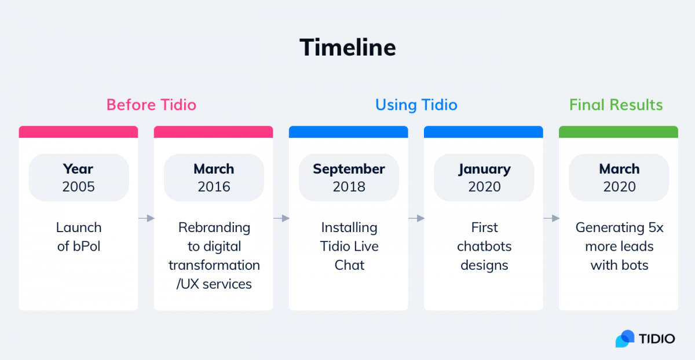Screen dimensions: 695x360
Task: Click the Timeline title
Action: pyautogui.click(x=348, y=47)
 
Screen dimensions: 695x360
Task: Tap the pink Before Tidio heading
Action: pyautogui.click(x=151, y=105)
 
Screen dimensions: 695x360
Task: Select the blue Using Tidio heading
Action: pyautogui.click(x=416, y=105)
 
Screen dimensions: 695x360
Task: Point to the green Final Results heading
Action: pyautogui.click(x=616, y=105)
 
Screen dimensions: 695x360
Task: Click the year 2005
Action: pyautogui.click(x=78, y=187)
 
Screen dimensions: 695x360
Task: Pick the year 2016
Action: pyautogui.click(x=214, y=187)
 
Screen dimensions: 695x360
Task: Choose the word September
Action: pyautogui.click(x=349, y=170)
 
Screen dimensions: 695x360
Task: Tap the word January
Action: pyautogui.click(x=484, y=170)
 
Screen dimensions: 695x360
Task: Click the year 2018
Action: pyautogui.click(x=349, y=187)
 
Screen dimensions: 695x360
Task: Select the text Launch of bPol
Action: pyautogui.click(x=79, y=237)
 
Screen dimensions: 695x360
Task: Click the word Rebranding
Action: pyautogui.click(x=214, y=228)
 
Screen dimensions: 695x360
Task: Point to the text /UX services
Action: pyautogui.click(x=214, y=284)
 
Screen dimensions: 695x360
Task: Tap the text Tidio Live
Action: pyautogui.click(x=349, y=247)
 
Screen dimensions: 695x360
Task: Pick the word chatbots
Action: pyautogui.click(x=484, y=247)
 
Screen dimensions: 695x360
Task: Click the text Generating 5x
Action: pyautogui.click(x=619, y=228)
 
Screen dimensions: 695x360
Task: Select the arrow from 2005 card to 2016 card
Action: pyautogui.click(x=146, y=218)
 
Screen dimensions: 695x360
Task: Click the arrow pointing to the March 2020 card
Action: pyautogui.click(x=551, y=218)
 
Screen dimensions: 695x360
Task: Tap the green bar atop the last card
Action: pyautogui.click(x=619, y=132)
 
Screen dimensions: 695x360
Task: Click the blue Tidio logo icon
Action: pyautogui.click(x=624, y=339)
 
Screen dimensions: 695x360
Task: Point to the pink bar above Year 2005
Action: pyautogui.click(x=78, y=132)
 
